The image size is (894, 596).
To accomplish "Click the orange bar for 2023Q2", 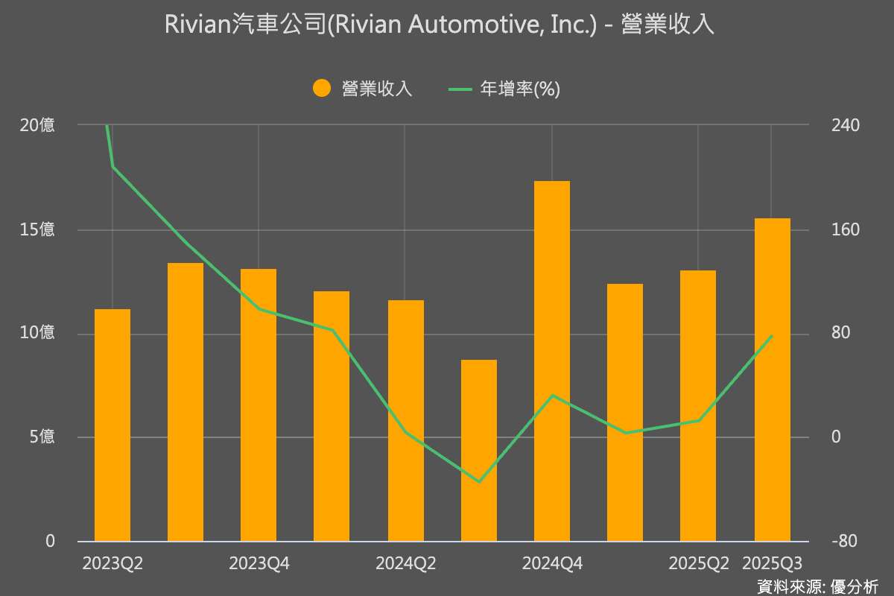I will (x=112, y=425).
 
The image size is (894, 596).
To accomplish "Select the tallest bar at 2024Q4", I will (x=552, y=361).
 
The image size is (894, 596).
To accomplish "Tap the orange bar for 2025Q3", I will (x=772, y=380).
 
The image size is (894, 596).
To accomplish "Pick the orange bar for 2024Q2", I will (x=406, y=421).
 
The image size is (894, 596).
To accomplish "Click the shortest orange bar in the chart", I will (x=479, y=451).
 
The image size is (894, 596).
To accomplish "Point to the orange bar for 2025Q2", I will (x=698, y=406).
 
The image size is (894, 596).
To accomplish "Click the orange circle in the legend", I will (x=322, y=89).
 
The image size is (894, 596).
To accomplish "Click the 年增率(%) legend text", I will (x=520, y=89).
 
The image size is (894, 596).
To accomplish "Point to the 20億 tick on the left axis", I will (x=37, y=125).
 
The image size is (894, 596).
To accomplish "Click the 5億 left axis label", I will (x=42, y=437).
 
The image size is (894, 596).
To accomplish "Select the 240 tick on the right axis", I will (x=846, y=125).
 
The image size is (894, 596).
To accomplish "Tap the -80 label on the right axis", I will (x=846, y=542).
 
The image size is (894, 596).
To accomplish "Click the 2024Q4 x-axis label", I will (x=552, y=564).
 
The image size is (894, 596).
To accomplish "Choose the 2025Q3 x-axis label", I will (x=772, y=564).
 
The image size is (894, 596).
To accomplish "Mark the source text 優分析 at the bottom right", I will (x=857, y=586).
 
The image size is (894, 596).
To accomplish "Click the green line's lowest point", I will (x=479, y=481).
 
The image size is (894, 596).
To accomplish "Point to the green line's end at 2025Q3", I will (x=772, y=336).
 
